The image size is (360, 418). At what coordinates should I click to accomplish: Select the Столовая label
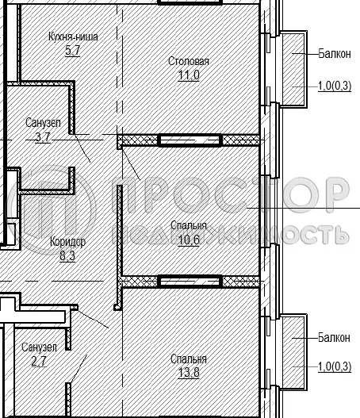click(189, 62)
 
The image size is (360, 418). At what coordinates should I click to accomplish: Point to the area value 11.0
click(189, 75)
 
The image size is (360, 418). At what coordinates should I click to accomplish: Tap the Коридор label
click(68, 242)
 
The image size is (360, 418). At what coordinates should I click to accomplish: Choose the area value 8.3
click(68, 256)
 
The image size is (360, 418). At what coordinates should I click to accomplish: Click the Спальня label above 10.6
click(189, 226)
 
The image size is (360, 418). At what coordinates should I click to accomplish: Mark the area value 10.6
click(189, 240)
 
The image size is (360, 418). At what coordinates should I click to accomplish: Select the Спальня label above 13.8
click(189, 359)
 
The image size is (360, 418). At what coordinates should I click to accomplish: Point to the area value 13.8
click(189, 373)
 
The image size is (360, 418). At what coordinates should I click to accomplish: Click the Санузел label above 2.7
click(39, 347)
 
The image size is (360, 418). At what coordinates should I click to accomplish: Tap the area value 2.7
click(40, 361)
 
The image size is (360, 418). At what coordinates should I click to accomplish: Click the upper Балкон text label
click(333, 54)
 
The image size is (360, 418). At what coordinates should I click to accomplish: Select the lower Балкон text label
click(333, 338)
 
